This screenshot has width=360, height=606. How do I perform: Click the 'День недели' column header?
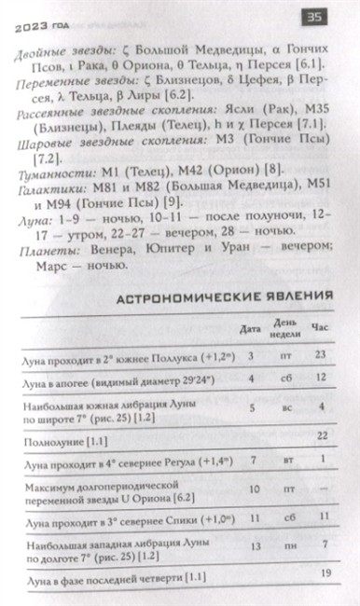[285, 329]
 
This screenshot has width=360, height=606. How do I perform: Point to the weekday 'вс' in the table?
[285, 406]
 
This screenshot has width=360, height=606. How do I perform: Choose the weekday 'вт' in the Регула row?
[285, 461]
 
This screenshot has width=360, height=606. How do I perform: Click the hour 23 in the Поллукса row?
[322, 355]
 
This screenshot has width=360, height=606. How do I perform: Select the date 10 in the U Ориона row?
[252, 488]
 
